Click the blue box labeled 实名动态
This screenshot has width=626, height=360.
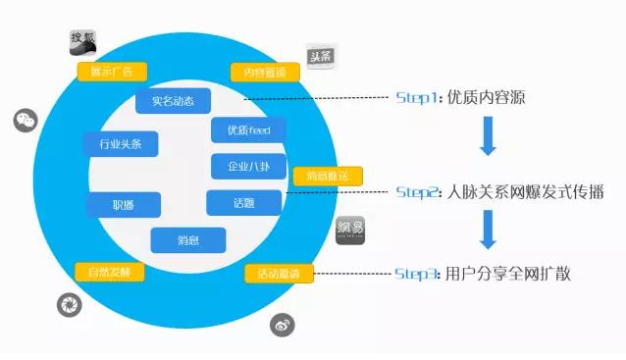coord(172,100)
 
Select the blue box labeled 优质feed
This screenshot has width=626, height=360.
coord(248,129)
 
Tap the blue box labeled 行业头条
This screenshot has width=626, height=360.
coord(121,144)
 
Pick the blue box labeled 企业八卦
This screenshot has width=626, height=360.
coord(248,166)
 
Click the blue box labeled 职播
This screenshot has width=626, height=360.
coord(123,205)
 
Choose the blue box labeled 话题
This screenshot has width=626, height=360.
coord(243,203)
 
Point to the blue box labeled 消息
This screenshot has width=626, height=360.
coord(187,240)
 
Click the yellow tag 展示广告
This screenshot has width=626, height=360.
coord(111,71)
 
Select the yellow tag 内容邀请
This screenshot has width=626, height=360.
coord(264,73)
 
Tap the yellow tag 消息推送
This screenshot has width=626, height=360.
coord(328,177)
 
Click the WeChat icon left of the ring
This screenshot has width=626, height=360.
coord(25,121)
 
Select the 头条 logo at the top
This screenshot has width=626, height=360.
coord(321,58)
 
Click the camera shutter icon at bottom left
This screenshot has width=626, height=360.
coord(68,303)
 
